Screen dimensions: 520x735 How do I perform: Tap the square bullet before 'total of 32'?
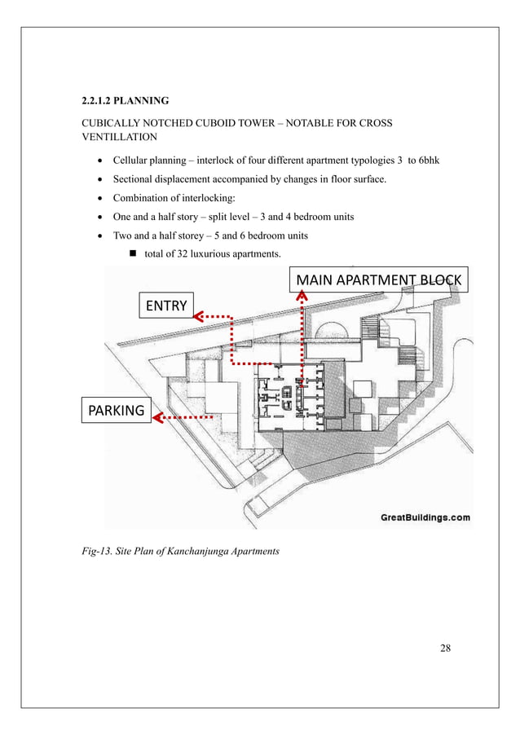tap(135, 255)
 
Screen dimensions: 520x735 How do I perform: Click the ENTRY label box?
tap(166, 306)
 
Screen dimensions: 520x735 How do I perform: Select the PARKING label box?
tap(114, 410)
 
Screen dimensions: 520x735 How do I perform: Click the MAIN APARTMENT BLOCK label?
tap(378, 281)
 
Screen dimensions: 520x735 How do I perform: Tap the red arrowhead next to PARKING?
tap(157, 418)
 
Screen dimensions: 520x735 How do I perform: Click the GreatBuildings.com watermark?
tap(425, 517)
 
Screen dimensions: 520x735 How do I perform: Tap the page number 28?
tap(444, 648)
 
